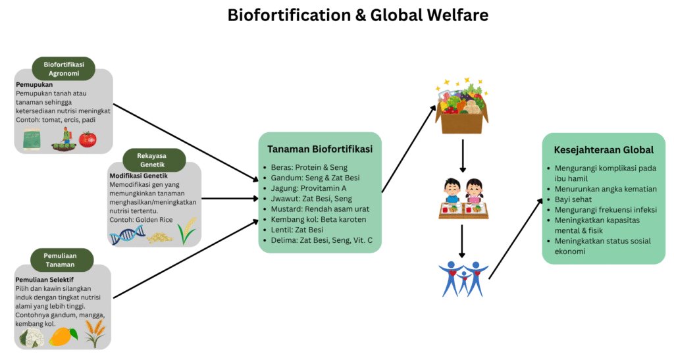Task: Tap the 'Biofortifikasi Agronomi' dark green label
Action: click(x=63, y=68)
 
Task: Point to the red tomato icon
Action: click(x=88, y=140)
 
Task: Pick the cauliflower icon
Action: click(x=31, y=337)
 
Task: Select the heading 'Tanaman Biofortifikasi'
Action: click(x=320, y=149)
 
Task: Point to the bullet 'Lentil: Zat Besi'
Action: click(x=297, y=230)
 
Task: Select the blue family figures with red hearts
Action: click(x=463, y=278)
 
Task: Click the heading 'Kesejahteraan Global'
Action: click(x=603, y=149)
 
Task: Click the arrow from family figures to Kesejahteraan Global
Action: click(x=515, y=237)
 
